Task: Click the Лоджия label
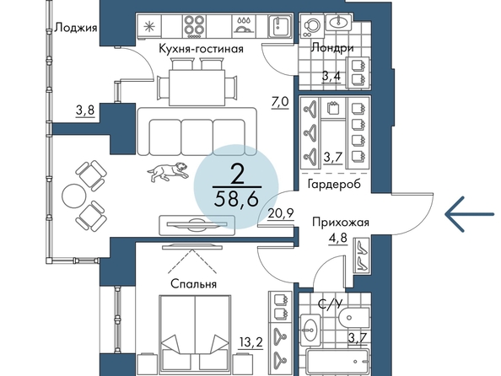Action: point(76,28)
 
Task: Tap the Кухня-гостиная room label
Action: point(201,49)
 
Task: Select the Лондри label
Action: point(332,48)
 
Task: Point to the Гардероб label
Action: point(334,184)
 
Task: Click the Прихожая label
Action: point(341,222)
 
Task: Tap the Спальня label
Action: point(194,283)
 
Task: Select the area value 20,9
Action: point(281,213)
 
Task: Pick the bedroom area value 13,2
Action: point(251,343)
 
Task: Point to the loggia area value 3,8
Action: point(85,110)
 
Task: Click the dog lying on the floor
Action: point(167,172)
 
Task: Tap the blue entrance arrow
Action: point(470,214)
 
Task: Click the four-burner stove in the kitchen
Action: point(195,25)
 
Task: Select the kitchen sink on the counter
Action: point(279,25)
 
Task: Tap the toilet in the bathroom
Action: point(354,318)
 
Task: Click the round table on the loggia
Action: point(74,196)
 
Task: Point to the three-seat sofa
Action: point(197,132)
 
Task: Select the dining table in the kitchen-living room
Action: point(197,88)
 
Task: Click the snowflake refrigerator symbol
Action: point(148,26)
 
